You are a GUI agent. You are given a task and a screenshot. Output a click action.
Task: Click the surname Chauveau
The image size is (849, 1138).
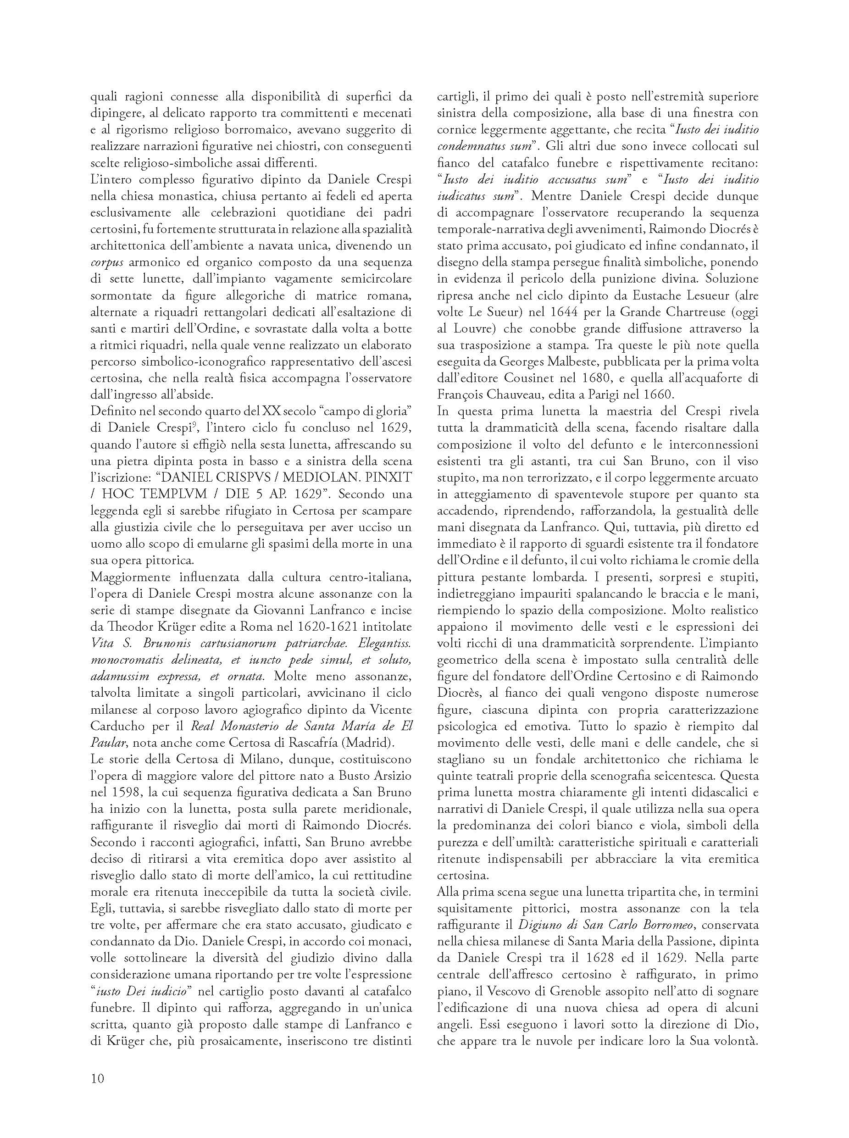click(x=520, y=395)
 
